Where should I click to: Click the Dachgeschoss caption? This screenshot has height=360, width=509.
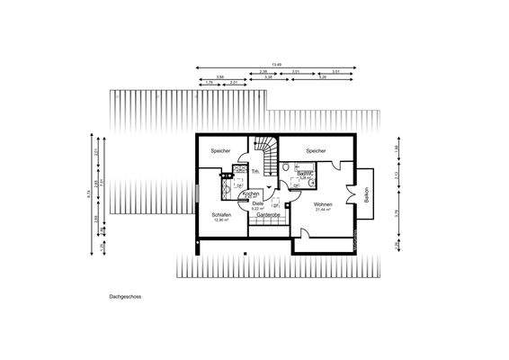click(x=125, y=295)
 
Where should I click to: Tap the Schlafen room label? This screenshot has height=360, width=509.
click(x=222, y=215)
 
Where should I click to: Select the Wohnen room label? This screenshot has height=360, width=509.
click(x=323, y=205)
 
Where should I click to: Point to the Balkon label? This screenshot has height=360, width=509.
click(x=367, y=194)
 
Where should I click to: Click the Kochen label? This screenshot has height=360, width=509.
click(x=252, y=193)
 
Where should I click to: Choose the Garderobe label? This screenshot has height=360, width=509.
click(x=270, y=216)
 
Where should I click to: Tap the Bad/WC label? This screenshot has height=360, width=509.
click(x=304, y=172)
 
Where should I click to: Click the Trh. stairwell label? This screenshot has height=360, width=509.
click(x=255, y=171)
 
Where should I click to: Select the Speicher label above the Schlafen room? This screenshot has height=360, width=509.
click(x=221, y=150)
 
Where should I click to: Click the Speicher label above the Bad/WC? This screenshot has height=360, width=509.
click(x=315, y=150)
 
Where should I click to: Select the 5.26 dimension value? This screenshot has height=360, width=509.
click(x=322, y=77)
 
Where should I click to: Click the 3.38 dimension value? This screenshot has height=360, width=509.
click(x=268, y=77)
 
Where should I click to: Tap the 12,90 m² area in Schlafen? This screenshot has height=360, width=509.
click(x=222, y=220)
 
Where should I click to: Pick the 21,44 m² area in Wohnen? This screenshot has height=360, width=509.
click(x=323, y=211)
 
